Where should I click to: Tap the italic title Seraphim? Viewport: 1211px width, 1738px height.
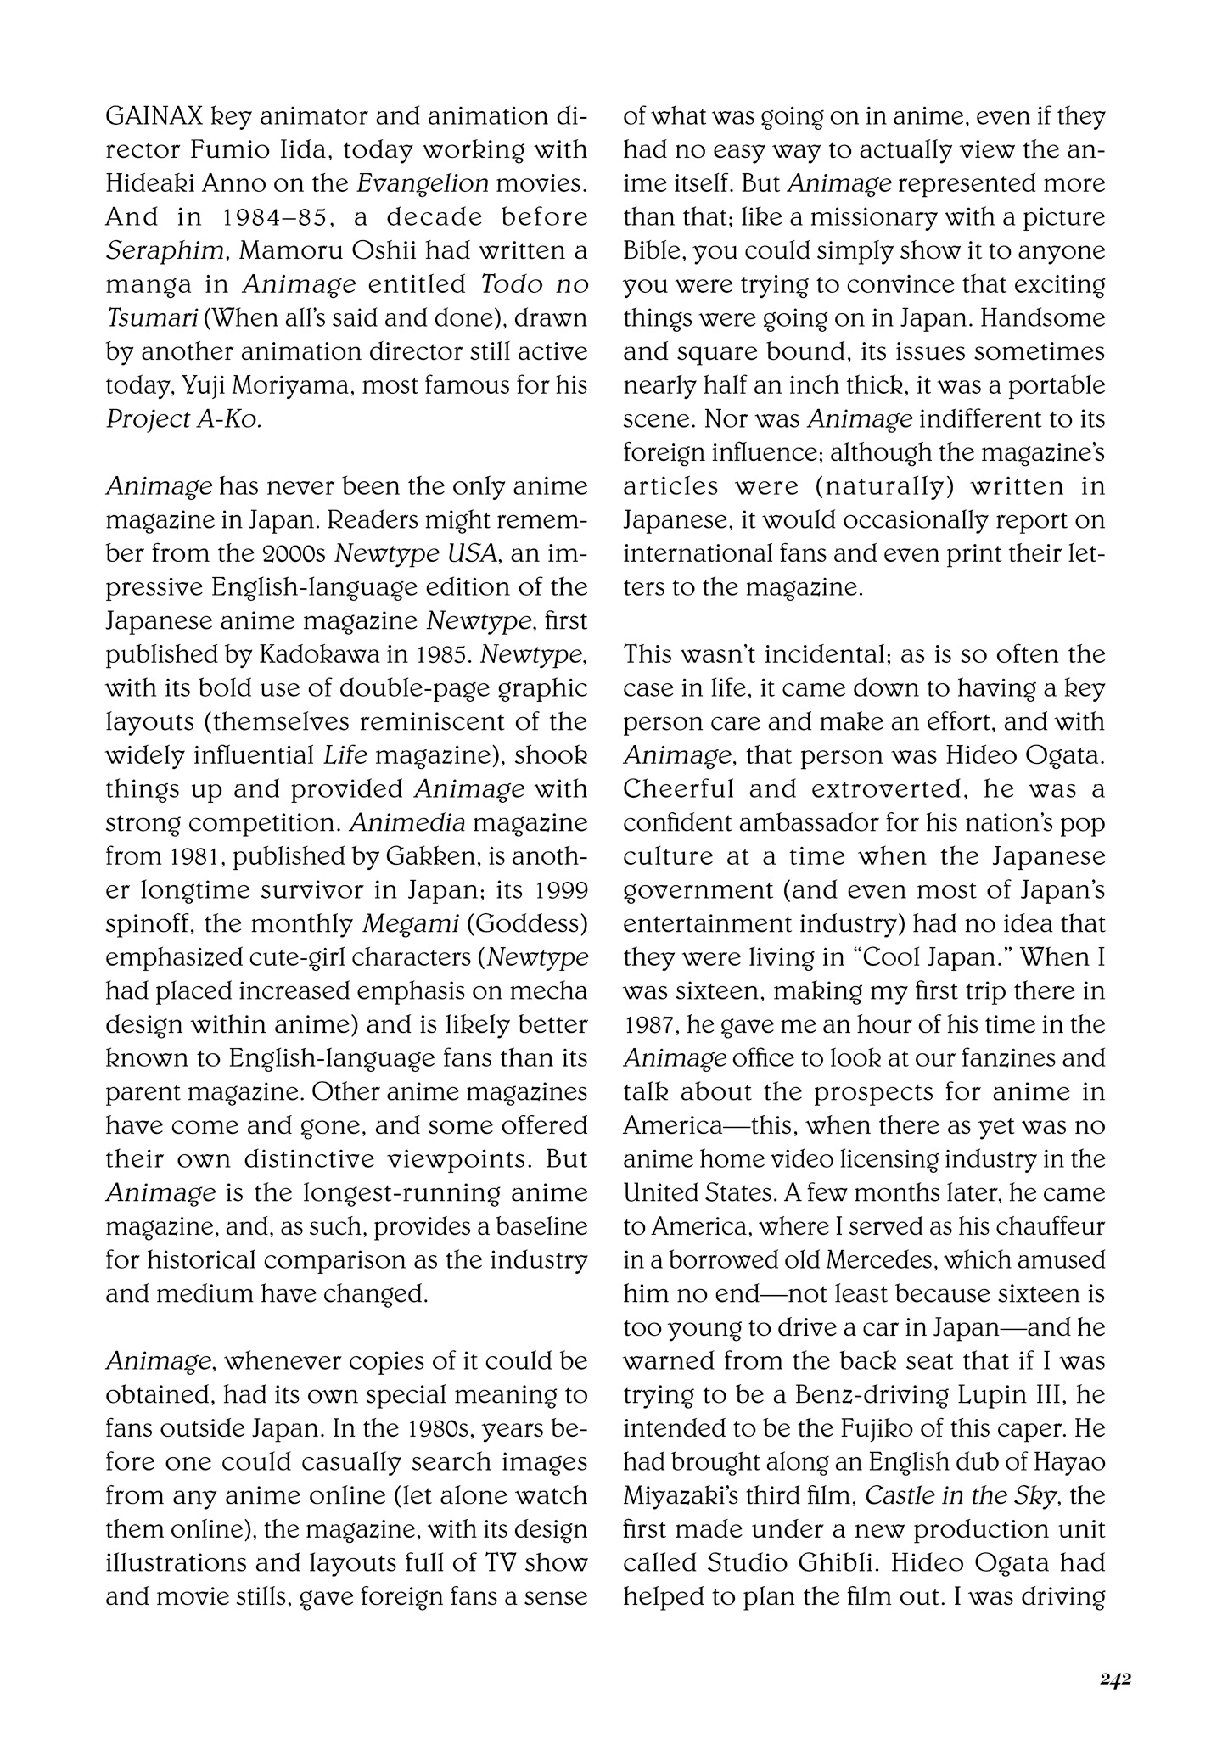145,251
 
